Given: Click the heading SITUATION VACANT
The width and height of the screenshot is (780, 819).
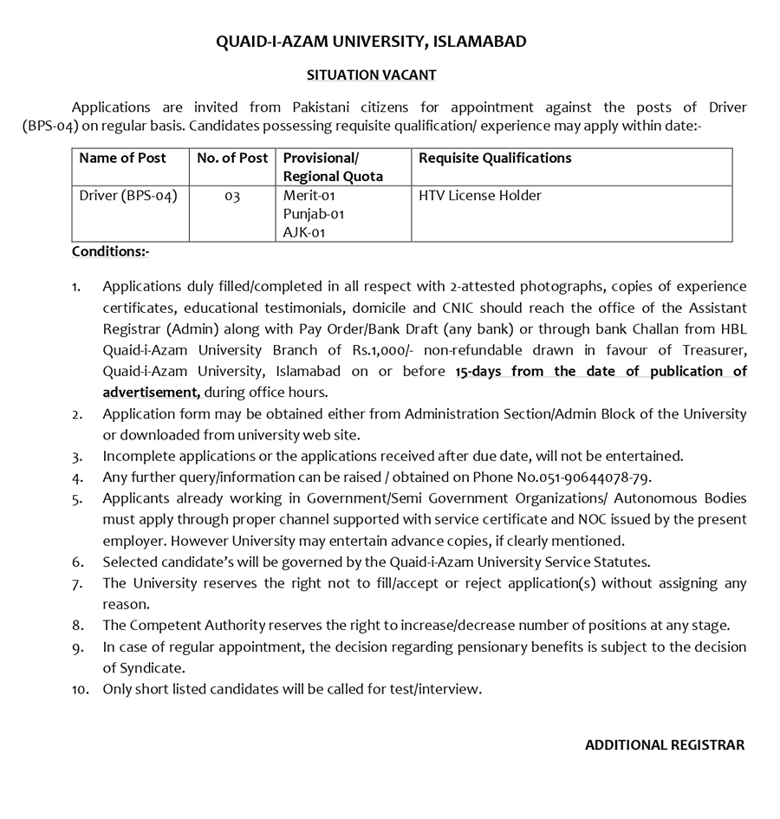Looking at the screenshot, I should pos(371,75).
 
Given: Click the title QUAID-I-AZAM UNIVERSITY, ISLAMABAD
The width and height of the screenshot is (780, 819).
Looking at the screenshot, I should pos(371,42).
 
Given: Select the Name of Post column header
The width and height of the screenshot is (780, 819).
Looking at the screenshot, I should pos(122,159).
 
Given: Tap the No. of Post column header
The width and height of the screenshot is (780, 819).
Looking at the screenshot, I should pos(232,159).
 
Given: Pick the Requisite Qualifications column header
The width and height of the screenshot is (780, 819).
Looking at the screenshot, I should pos(495,159).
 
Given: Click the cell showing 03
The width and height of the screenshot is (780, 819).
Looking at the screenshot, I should pos(232,197).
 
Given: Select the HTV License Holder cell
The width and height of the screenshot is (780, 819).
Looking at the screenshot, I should pos(480,196).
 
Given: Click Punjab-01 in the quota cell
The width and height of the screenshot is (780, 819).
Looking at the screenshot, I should pos(308,214).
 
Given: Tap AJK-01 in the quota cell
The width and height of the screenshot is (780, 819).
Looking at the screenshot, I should pos(302,232).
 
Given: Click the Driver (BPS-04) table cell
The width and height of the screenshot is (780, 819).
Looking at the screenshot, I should pos(128,196).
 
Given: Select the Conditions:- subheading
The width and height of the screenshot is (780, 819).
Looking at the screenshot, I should pos(111,251).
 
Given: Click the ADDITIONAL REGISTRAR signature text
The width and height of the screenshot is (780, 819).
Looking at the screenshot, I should pos(665,745).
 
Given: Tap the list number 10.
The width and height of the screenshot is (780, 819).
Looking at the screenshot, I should pos(81,690).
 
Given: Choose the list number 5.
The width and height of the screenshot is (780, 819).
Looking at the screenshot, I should pos(78,498).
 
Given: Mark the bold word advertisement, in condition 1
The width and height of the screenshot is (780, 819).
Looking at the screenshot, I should pos(152,392).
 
